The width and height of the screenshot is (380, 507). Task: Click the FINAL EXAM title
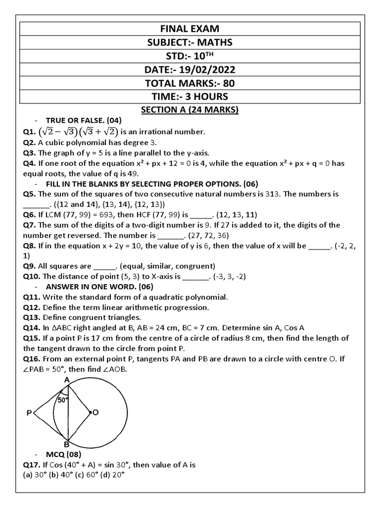(190, 29)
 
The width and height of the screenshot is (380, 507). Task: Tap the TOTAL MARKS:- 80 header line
(190, 83)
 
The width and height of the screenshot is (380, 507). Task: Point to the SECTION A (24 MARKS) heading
(190, 110)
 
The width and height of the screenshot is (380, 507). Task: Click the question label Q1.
(30, 132)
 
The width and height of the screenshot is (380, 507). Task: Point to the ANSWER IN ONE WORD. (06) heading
(99, 287)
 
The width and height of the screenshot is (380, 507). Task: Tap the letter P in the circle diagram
(29, 412)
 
